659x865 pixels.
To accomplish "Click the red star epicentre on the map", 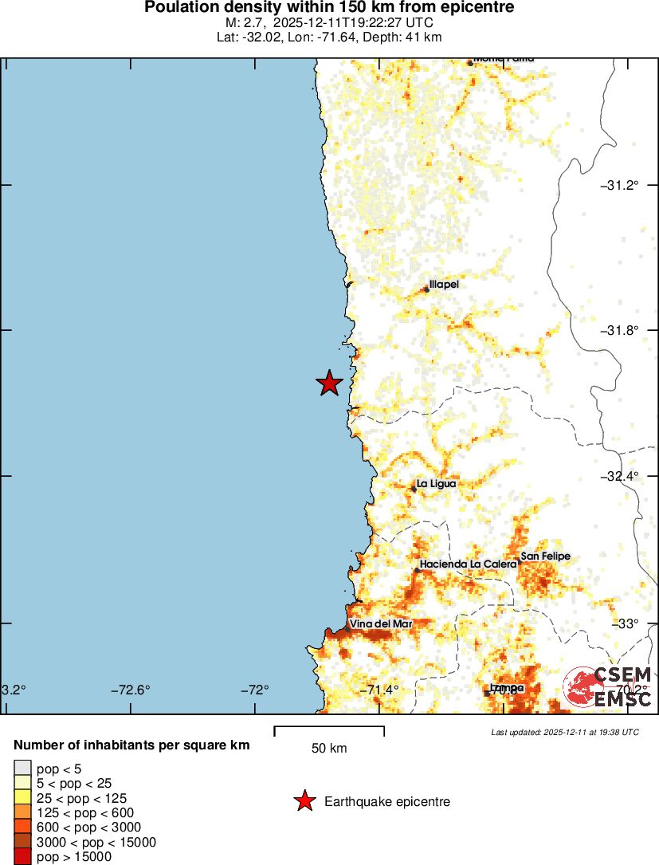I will pyautogui.click(x=329, y=383).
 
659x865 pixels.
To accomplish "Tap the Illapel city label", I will pyautogui.click(x=444, y=284).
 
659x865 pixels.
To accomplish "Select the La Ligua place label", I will pyautogui.click(x=436, y=483).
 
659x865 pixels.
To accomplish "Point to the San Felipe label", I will pyautogui.click(x=545, y=556).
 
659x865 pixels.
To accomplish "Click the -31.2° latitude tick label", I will pyautogui.click(x=620, y=185).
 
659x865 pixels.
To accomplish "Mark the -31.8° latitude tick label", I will pyautogui.click(x=620, y=330).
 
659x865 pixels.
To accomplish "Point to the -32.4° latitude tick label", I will pyautogui.click(x=620, y=476).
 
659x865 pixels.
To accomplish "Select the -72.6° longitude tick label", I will pyautogui.click(x=131, y=690).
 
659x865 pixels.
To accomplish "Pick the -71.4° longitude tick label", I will pyautogui.click(x=379, y=690).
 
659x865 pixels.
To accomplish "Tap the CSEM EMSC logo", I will pyautogui.click(x=608, y=687).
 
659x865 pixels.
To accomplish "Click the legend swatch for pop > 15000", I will pyautogui.click(x=22, y=857).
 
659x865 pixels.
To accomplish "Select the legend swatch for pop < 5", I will pyautogui.click(x=22, y=768).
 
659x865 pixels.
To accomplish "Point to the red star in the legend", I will pyautogui.click(x=304, y=801).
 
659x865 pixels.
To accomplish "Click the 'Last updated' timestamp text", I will pyautogui.click(x=564, y=731).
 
